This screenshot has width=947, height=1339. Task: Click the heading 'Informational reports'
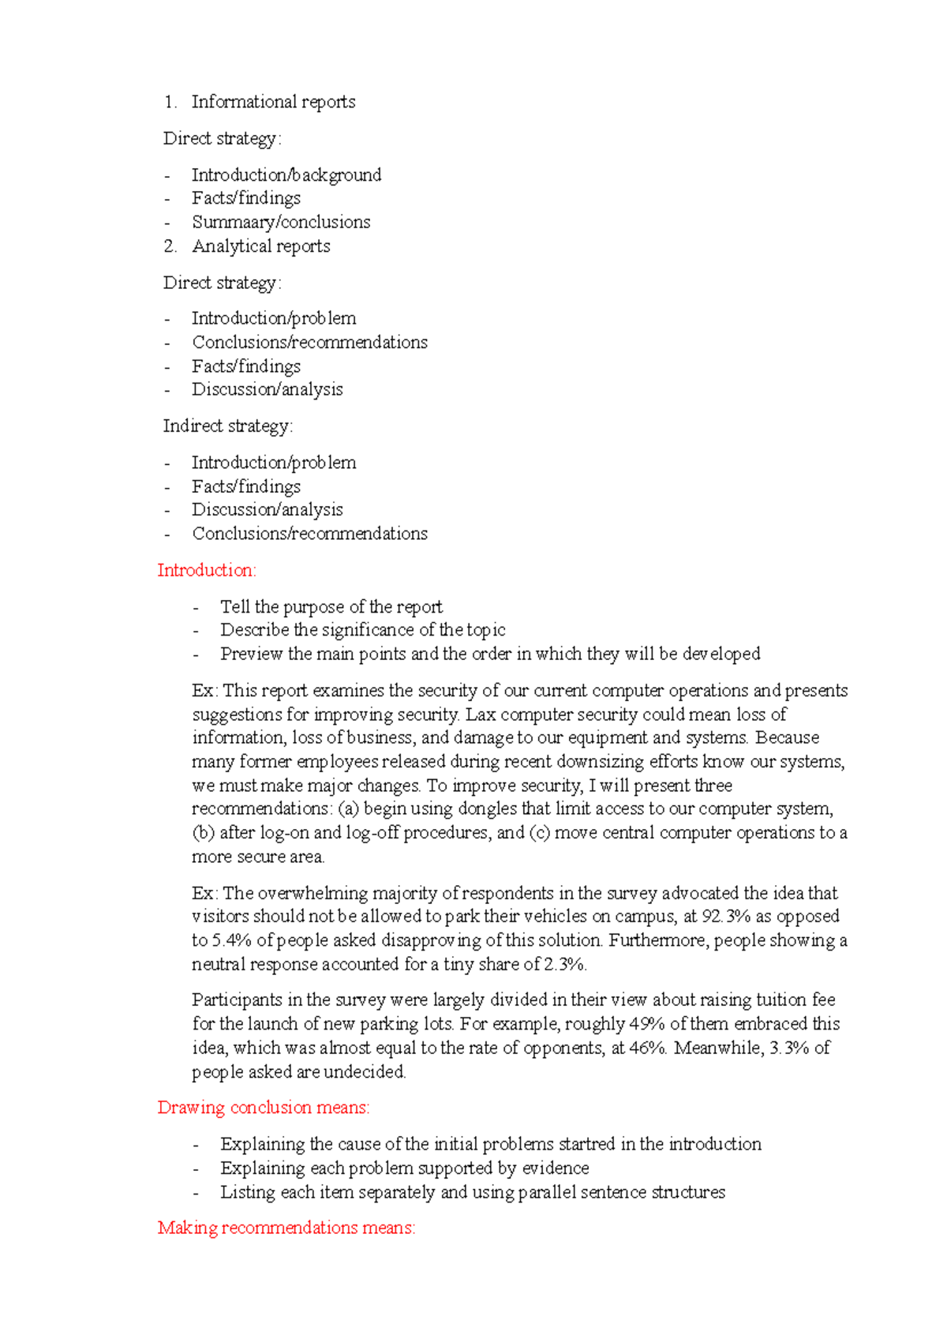click(273, 102)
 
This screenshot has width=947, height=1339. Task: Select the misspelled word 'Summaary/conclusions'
click(281, 222)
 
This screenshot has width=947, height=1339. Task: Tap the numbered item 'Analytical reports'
click(261, 246)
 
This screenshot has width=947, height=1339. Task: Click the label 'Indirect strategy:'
click(227, 426)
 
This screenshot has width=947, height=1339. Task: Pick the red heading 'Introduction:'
click(207, 570)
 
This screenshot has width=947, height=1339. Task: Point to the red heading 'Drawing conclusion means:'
click(264, 1108)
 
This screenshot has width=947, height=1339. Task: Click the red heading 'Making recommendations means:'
click(286, 1228)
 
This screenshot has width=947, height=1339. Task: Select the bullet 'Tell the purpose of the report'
click(331, 607)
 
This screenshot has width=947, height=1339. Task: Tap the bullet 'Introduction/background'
click(286, 174)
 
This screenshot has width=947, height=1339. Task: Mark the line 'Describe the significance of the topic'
click(362, 630)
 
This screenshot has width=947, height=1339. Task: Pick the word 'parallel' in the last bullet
click(547, 1192)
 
